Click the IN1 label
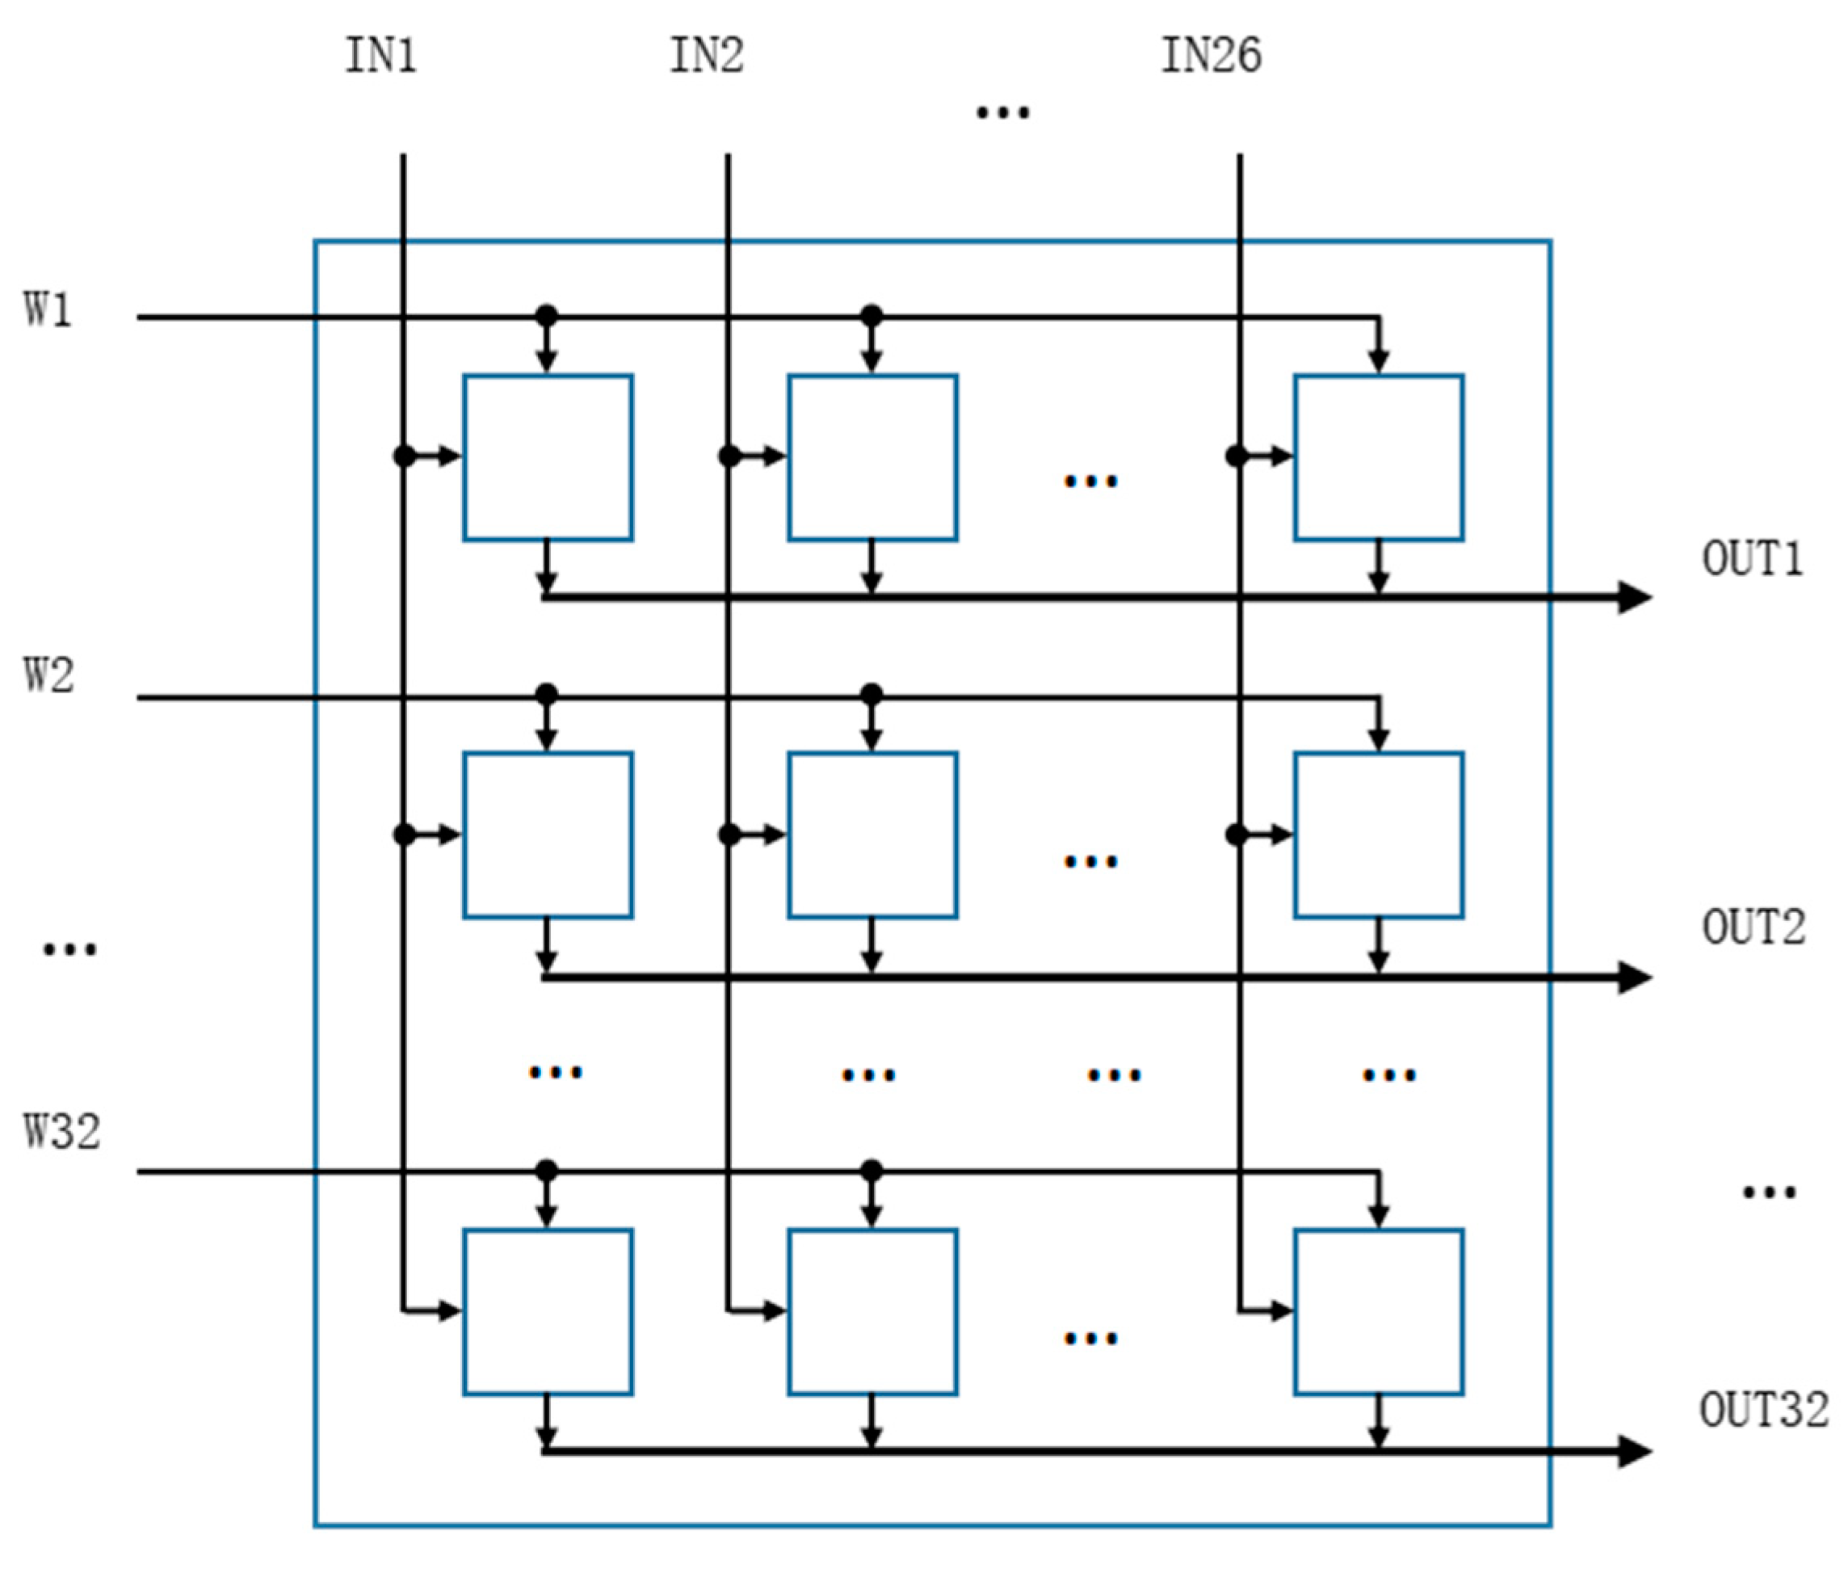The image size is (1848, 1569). click(x=380, y=55)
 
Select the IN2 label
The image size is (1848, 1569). click(x=706, y=55)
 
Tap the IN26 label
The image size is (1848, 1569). click(x=1211, y=55)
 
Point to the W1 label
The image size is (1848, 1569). click(x=47, y=310)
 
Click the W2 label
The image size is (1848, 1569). click(x=48, y=675)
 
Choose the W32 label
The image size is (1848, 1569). click(x=61, y=1132)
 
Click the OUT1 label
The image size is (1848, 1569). click(x=1751, y=559)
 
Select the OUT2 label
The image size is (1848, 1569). click(x=1753, y=928)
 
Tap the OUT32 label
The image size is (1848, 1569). click(x=1763, y=1410)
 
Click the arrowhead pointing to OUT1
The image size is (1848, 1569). click(x=1634, y=597)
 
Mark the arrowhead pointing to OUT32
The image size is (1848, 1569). click(x=1634, y=1452)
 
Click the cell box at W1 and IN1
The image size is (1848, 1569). click(x=548, y=457)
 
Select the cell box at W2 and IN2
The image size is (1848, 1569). click(x=872, y=835)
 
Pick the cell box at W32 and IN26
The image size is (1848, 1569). click(x=1379, y=1312)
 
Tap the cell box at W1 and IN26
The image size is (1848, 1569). click(x=1379, y=457)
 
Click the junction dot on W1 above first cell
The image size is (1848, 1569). click(x=547, y=316)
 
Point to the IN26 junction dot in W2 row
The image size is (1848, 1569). click(x=1236, y=835)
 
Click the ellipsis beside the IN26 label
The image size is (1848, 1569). click(x=1003, y=112)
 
